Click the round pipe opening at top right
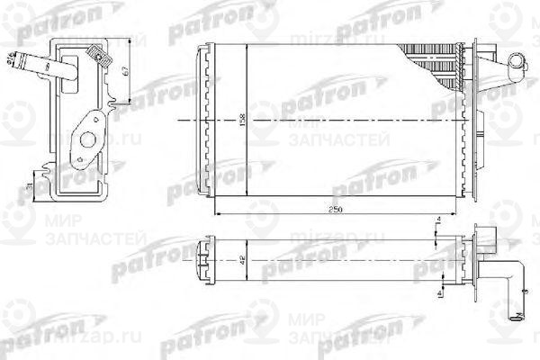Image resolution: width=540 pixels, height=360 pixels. click(x=514, y=62)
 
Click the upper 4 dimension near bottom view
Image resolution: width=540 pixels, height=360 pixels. click(x=436, y=220)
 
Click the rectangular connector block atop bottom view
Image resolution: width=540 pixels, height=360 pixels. click(x=487, y=236)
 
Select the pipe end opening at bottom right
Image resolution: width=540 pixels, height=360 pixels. click(x=517, y=315)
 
